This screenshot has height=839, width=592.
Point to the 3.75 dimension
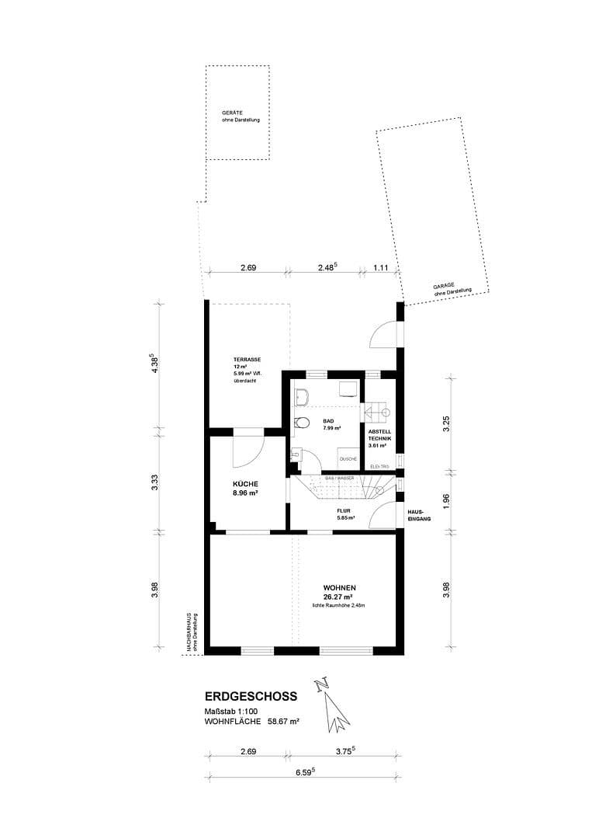click(343, 750)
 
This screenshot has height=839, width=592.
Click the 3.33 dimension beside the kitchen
click(155, 482)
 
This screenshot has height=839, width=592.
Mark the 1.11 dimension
click(381, 267)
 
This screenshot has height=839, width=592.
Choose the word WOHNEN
click(341, 587)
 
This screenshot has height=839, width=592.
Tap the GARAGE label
click(444, 287)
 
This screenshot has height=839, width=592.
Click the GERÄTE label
click(233, 113)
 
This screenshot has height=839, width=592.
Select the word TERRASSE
click(247, 359)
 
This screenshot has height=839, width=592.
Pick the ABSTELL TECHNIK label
click(379, 434)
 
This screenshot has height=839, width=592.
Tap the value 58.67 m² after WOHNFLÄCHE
click(283, 721)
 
